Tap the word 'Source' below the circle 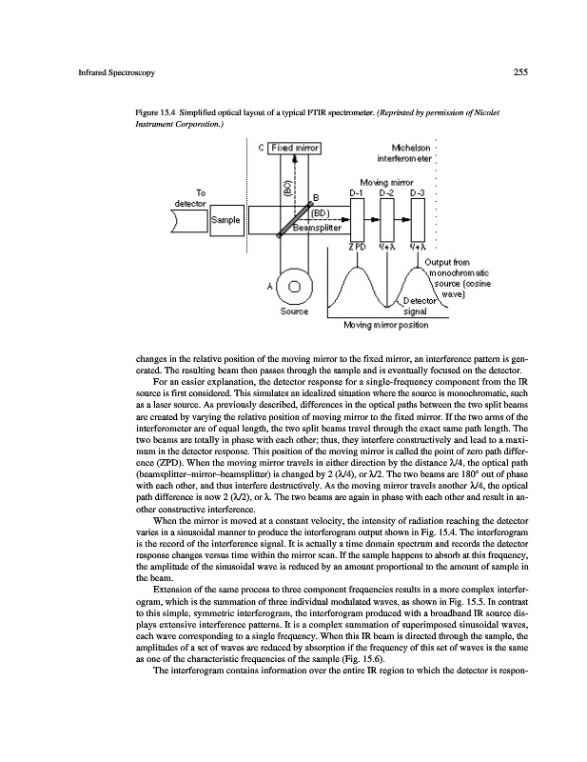click(294, 311)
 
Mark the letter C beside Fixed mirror click(261, 148)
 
